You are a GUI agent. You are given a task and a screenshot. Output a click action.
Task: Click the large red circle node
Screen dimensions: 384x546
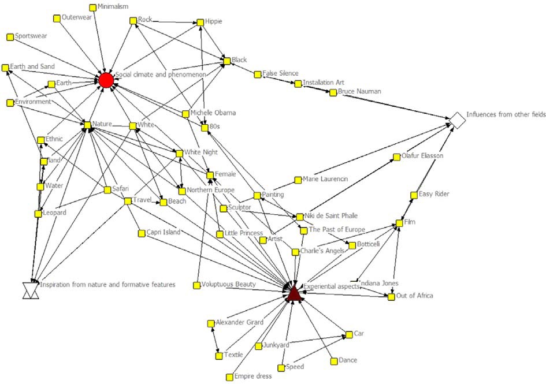[105, 80]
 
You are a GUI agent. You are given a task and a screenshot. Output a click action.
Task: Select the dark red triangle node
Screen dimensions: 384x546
[294, 293]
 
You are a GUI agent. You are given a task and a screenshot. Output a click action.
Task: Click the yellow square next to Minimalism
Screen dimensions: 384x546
[93, 7]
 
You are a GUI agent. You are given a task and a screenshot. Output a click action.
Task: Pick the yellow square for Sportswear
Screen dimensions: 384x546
[10, 37]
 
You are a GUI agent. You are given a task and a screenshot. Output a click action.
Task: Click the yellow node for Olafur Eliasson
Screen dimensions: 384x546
[397, 156]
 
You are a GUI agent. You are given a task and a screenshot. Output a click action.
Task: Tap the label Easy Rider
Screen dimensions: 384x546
[434, 194]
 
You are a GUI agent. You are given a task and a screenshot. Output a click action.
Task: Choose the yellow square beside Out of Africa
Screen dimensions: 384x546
[391, 297]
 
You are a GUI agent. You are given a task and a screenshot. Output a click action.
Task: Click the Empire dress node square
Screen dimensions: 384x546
[229, 377]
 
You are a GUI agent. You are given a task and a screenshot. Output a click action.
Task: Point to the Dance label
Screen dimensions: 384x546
[348, 360]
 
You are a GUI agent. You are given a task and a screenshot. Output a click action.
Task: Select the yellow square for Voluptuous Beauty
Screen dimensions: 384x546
[197, 285]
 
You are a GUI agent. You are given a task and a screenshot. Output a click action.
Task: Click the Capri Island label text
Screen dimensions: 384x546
[164, 232]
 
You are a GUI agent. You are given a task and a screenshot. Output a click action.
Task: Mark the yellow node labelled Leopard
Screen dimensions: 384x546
[38, 214]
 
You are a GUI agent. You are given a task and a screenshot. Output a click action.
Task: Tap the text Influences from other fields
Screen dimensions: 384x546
[506, 115]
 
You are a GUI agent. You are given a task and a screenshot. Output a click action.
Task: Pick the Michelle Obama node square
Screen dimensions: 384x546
[185, 113]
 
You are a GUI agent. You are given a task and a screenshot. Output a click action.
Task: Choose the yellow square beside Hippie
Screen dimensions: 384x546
[200, 23]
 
